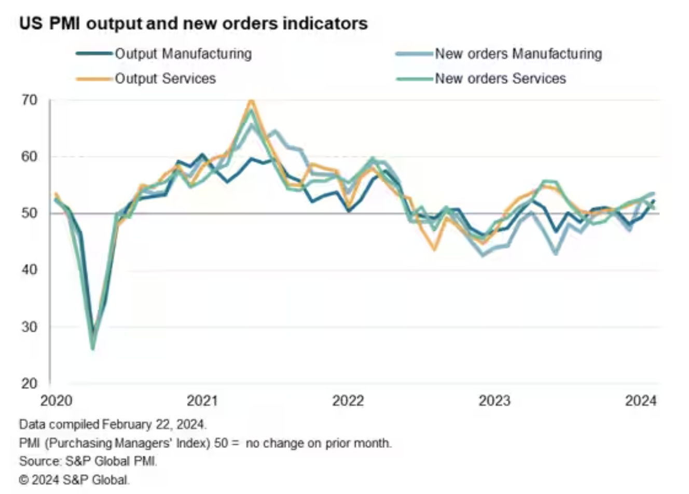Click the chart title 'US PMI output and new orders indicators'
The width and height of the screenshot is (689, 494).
(193, 23)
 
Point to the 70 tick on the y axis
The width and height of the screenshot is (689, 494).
(30, 100)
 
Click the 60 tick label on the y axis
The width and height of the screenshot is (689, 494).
(30, 156)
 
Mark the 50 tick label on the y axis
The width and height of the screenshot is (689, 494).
(30, 213)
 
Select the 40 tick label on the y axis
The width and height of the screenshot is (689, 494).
(30, 270)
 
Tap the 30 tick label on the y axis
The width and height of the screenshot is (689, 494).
(30, 327)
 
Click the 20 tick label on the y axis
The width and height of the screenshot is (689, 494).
(30, 383)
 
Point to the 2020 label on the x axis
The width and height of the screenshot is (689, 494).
(57, 401)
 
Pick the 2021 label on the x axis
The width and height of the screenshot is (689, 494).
(202, 401)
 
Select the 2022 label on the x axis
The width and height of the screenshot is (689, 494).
(348, 401)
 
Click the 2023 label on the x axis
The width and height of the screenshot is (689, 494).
(494, 401)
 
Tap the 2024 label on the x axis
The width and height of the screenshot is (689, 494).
(640, 401)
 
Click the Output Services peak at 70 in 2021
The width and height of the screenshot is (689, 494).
(252, 100)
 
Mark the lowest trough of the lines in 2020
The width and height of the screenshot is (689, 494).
(93, 348)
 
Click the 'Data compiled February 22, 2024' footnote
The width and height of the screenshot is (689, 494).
(113, 424)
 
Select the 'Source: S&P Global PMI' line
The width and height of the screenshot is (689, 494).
(88, 461)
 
